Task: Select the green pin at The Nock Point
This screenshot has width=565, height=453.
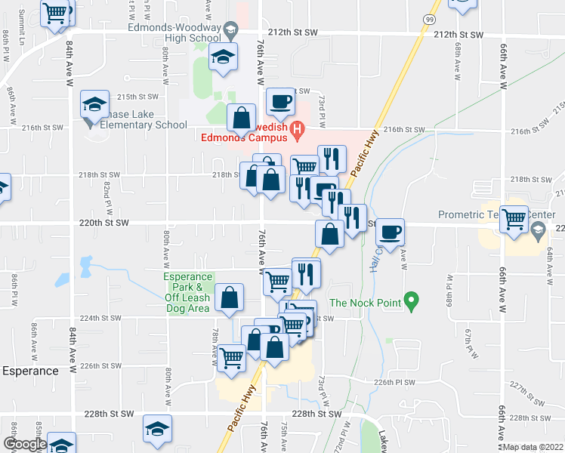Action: coord(411,302)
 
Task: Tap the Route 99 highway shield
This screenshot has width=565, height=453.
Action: coord(428,19)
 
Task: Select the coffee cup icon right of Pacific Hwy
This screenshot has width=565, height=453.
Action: coord(390,231)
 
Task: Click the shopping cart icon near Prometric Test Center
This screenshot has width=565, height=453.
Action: coord(514,219)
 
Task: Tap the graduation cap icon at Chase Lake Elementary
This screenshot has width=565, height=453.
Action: coord(95,104)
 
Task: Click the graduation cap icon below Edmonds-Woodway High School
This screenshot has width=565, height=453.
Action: coord(224,56)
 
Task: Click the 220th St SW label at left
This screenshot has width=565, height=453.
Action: coord(104,223)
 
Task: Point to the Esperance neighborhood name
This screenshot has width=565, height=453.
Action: coord(30,371)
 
